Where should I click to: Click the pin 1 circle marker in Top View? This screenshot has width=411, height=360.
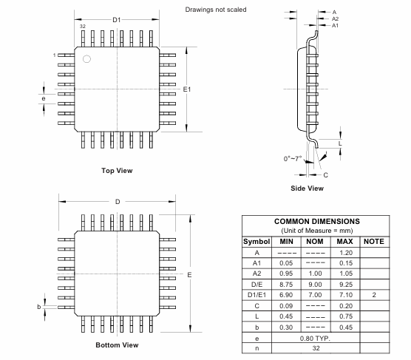pos(86,59)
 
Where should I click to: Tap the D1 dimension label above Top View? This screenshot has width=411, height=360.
pos(117,19)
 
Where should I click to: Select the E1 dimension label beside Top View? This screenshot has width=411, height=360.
pos(188,89)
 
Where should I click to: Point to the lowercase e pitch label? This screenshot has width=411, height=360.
pos(44,98)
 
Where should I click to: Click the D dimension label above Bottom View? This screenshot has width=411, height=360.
pos(117,202)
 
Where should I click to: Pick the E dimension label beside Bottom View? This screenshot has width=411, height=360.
pos(189,275)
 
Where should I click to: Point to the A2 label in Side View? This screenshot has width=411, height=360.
pos(334,18)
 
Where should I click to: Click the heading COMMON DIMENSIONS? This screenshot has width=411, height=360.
pos(316,221)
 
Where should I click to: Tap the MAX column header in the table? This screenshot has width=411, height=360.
pos(344,241)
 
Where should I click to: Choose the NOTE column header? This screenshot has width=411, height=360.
pos(375,241)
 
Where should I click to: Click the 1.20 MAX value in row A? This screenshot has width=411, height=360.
pos(344,252)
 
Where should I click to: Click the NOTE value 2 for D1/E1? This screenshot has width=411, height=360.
pos(375,293)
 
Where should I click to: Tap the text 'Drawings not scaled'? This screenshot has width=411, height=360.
pos(216,10)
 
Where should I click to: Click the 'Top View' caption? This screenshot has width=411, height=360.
pos(117,171)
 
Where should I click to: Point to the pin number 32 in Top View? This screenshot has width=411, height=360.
pos(82,27)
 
